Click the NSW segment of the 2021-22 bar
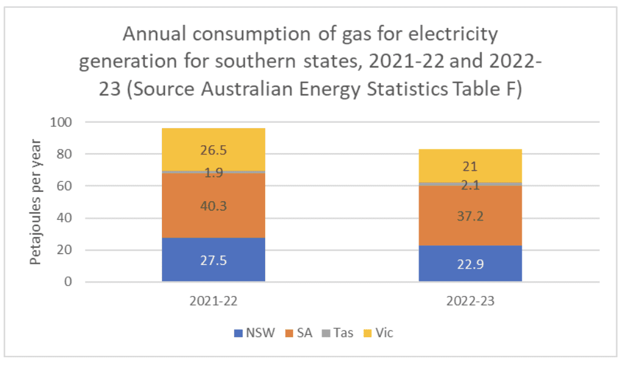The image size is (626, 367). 213,259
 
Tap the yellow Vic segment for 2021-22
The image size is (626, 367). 213,149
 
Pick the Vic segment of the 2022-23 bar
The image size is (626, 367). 470,165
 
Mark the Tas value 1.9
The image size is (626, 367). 213,173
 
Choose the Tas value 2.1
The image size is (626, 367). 470,185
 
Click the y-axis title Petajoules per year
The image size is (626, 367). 36,202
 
